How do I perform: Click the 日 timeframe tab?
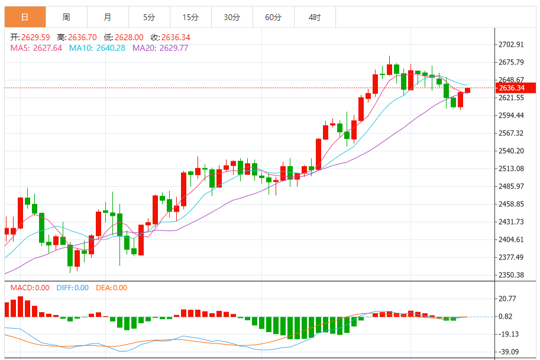coord(25,18)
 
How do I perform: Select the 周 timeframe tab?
coord(66,18)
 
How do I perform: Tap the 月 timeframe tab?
coord(107,18)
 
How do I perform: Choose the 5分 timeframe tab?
coord(149,18)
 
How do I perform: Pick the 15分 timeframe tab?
coord(190,18)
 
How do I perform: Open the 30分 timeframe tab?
coord(232,18)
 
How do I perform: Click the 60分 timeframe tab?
coord(273,18)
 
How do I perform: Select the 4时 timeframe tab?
coord(315,18)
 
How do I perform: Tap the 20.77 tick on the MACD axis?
coord(507,299)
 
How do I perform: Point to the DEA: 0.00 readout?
coord(112,288)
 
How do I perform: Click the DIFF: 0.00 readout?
coord(73,288)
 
